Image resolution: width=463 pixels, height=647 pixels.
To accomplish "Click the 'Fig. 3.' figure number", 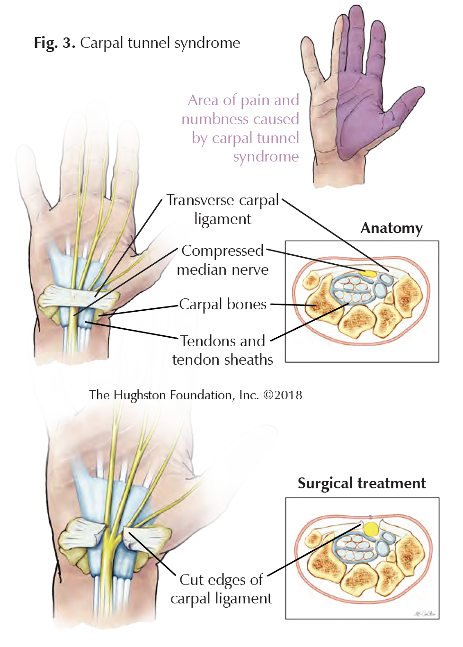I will click(54, 43).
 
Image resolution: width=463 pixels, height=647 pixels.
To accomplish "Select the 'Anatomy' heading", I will click(391, 228).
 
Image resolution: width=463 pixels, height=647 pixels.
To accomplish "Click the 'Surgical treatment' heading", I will click(361, 483).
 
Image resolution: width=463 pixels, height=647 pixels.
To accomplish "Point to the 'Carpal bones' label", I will click(223, 304).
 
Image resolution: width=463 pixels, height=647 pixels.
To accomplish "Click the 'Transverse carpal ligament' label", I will click(223, 209).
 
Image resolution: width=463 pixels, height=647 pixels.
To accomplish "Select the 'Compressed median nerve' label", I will click(223, 260).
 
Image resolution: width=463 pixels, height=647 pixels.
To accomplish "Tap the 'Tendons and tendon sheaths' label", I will click(223, 350).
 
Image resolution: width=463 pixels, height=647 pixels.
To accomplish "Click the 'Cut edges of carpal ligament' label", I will click(221, 589).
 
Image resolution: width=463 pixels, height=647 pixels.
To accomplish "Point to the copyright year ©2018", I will click(283, 395).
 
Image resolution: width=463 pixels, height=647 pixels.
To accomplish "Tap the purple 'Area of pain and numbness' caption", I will click(241, 128).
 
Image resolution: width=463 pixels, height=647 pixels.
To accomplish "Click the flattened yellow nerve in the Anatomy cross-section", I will click(369, 273).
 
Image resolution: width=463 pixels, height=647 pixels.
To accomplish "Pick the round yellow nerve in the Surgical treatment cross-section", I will click(371, 529).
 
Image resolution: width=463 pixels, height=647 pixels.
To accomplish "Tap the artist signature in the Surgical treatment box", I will click(425, 614).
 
